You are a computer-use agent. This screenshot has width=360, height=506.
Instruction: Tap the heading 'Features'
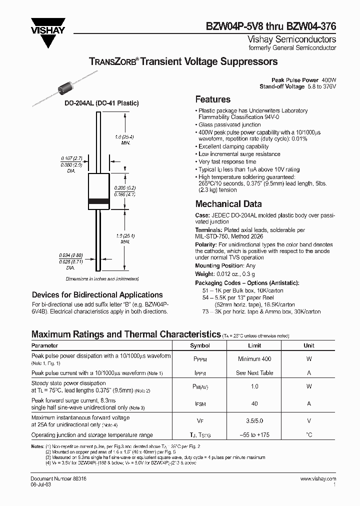212,99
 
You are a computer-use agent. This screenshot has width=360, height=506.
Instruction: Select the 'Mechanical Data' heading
228,204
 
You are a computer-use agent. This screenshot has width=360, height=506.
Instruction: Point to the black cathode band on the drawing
98,201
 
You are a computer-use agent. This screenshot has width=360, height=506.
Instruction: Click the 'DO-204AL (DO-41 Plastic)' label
101,103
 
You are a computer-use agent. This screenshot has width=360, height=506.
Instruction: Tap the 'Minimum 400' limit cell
255,359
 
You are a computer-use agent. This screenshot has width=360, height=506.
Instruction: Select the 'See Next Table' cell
255,373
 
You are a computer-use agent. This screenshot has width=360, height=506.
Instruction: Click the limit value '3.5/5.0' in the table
255,421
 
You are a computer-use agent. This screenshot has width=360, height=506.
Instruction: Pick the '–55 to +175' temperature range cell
255,435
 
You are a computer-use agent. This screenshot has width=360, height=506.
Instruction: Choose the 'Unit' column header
309,345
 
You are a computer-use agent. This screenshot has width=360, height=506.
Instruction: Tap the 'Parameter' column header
45,345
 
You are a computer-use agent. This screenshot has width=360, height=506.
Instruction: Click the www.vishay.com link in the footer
318,479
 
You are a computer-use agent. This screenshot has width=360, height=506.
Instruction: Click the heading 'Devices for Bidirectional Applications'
97,295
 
